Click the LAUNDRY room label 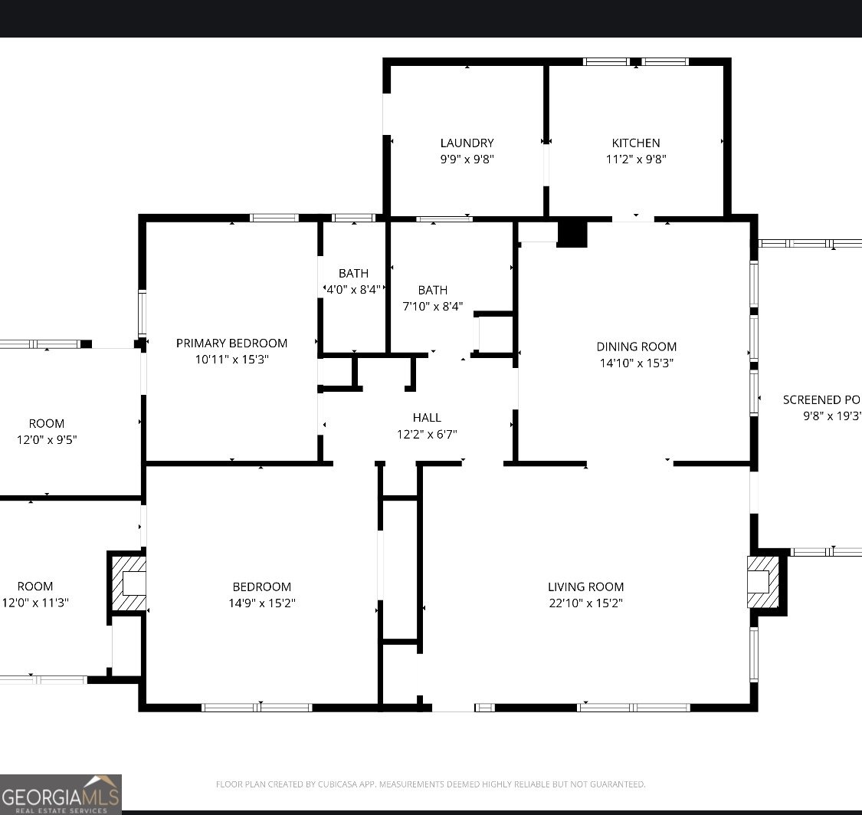point(467,143)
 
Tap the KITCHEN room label point(635,143)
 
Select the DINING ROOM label point(637,347)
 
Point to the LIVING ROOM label point(585,587)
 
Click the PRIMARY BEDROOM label point(231,343)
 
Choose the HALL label point(427,417)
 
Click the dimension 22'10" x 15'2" point(585,603)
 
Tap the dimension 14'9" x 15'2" point(262,603)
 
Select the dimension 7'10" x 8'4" point(433,306)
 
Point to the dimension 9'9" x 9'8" point(467,159)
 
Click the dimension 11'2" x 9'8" point(635,159)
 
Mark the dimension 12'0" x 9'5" point(47,440)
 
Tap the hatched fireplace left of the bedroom point(128,582)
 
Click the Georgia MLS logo point(61,794)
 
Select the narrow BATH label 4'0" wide point(353,273)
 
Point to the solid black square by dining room point(572,234)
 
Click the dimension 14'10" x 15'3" point(637,363)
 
